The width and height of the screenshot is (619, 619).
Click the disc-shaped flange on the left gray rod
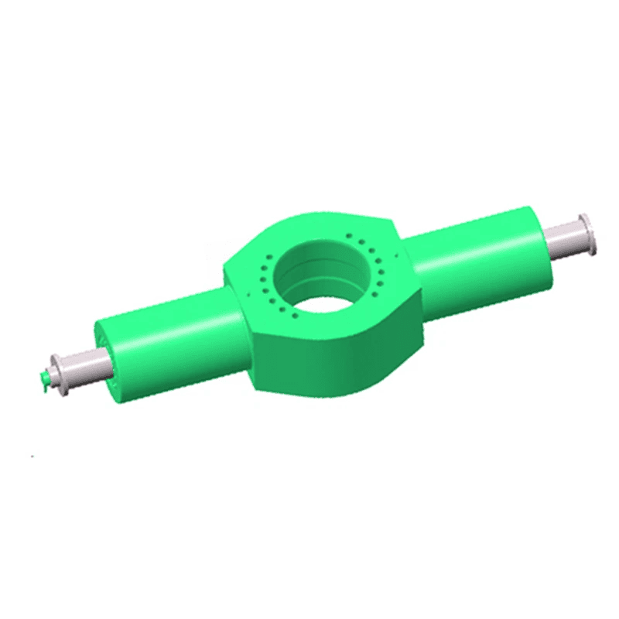pos(60,377)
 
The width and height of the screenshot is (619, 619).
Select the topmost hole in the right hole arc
pos(349,235)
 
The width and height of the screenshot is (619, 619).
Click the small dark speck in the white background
pos(32,457)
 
